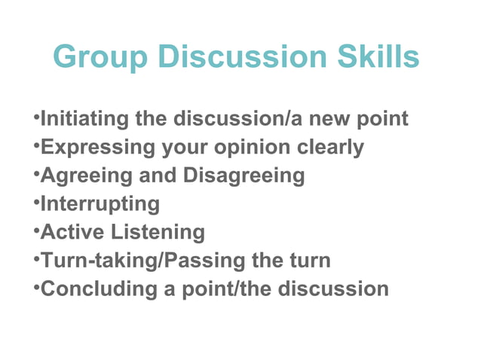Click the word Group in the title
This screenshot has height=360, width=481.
[x=99, y=57]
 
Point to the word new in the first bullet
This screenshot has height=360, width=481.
[x=326, y=119]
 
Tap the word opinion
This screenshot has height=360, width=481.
[x=249, y=148]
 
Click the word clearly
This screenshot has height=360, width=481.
[x=330, y=148]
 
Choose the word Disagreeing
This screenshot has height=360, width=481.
[x=244, y=175]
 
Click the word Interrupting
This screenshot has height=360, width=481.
[x=100, y=204]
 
